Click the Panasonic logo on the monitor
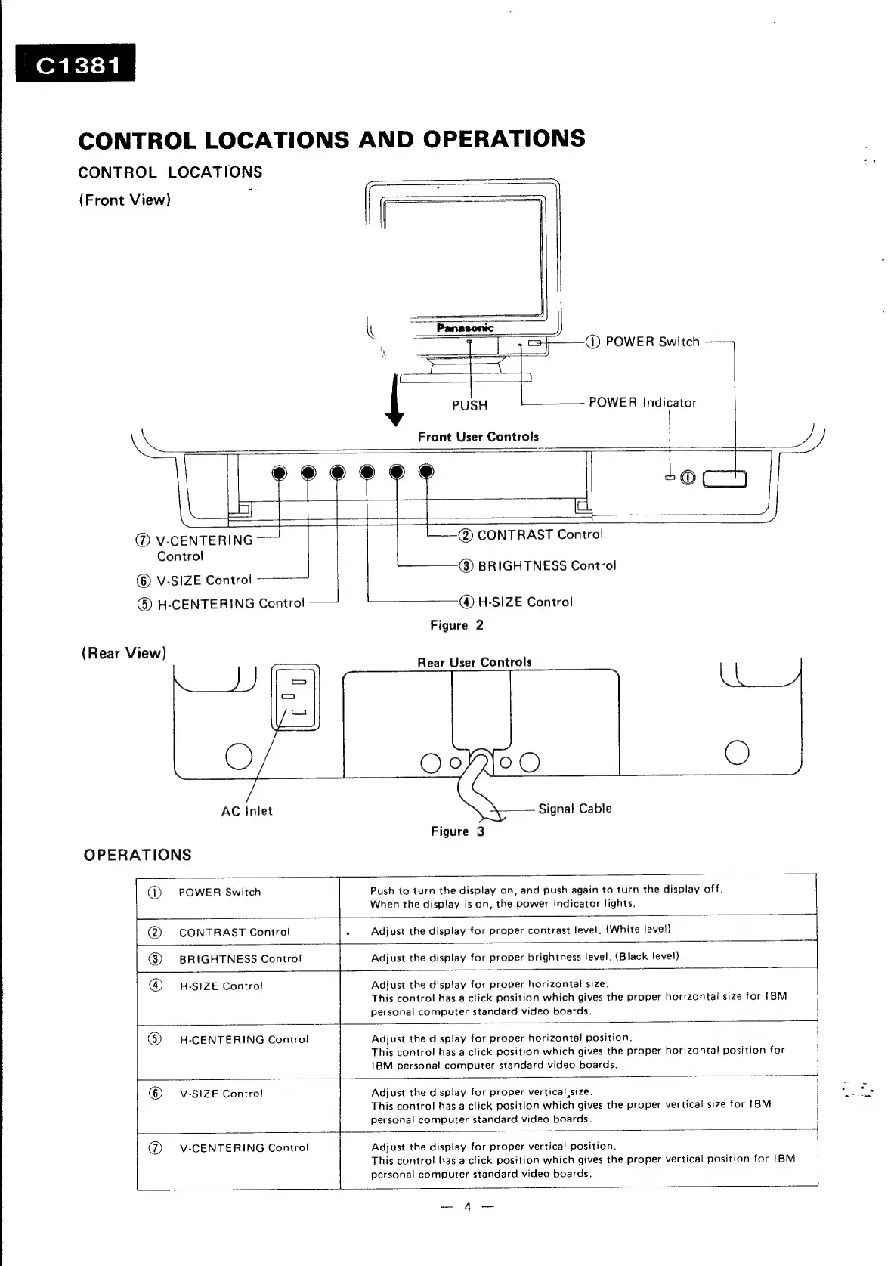pyautogui.click(x=465, y=327)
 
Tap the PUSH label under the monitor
pyautogui.click(x=469, y=405)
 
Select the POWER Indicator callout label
pyautogui.click(x=642, y=402)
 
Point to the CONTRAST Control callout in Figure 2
pyautogui.click(x=540, y=535)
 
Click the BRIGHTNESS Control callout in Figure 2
pyautogui.click(x=547, y=566)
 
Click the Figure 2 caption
pyautogui.click(x=456, y=625)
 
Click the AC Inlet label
pyautogui.click(x=246, y=811)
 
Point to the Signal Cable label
pyautogui.click(x=574, y=809)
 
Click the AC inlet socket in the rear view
pyautogui.click(x=295, y=697)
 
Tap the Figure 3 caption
pyautogui.click(x=457, y=831)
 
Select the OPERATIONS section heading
pyautogui.click(x=138, y=855)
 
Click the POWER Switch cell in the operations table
pyautogui.click(x=219, y=893)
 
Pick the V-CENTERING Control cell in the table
pyautogui.click(x=243, y=1147)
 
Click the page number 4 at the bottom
pyautogui.click(x=467, y=1207)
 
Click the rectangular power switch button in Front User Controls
pyautogui.click(x=725, y=478)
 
